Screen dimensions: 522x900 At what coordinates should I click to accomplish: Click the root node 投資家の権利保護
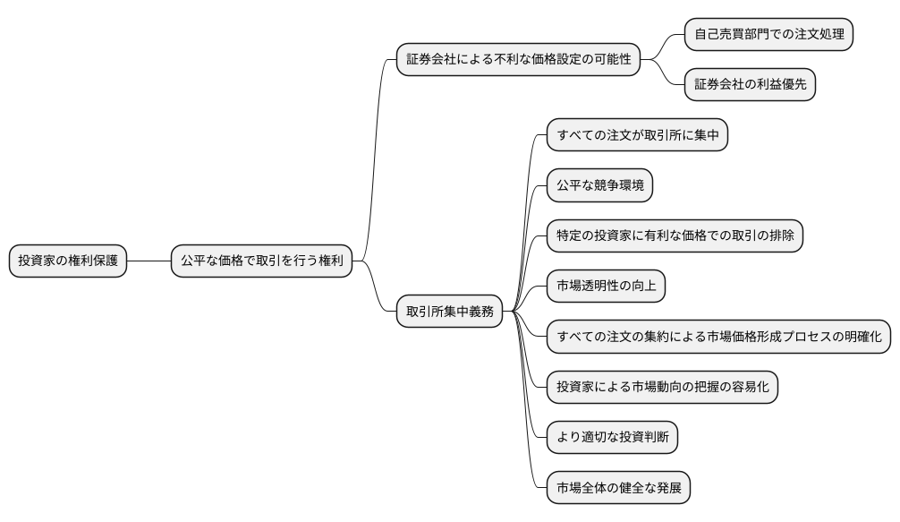click(x=68, y=261)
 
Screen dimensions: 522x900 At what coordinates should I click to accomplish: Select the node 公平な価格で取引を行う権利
click(x=261, y=261)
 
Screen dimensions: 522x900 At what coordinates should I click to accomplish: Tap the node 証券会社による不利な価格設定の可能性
click(x=518, y=60)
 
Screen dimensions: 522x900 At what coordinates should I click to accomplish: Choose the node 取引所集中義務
click(x=449, y=312)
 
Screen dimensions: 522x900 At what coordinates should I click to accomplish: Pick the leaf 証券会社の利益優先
click(x=750, y=85)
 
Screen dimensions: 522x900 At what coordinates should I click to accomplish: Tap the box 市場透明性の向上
click(x=606, y=287)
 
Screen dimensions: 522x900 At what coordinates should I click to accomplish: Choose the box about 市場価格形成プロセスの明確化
click(x=719, y=337)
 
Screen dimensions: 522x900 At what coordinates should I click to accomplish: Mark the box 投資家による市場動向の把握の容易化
click(x=662, y=387)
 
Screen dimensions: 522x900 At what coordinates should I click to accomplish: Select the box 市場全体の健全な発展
click(x=618, y=488)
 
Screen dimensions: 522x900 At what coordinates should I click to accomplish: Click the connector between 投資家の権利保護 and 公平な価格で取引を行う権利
click(x=149, y=261)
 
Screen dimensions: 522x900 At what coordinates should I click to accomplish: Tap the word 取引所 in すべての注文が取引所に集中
click(x=670, y=136)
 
